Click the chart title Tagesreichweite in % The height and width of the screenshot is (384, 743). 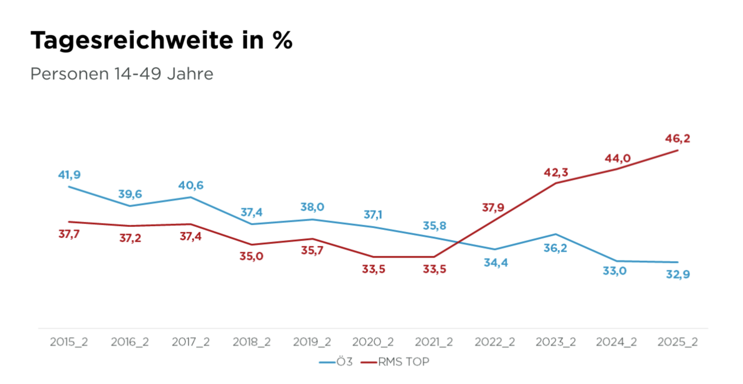tap(161, 40)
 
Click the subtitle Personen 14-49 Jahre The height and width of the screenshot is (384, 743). tap(122, 74)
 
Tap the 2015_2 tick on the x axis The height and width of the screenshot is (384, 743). tap(69, 342)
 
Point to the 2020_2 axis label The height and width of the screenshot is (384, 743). tap(373, 342)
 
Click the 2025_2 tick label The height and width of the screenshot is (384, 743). tap(678, 342)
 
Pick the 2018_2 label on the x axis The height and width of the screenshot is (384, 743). tap(251, 342)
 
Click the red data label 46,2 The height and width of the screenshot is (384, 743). tap(678, 139)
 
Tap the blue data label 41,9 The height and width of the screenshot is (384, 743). tap(69, 175)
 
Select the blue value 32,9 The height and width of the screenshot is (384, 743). tap(678, 274)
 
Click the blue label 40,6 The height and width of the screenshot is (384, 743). tap(191, 185)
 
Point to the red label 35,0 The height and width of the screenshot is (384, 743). tap(251, 256)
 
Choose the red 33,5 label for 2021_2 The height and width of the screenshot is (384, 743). tap(434, 269)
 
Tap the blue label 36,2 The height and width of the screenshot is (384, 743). tap(555, 248)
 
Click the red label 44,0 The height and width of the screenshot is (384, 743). tap(618, 158)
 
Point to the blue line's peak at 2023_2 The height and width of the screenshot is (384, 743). tap(555, 234)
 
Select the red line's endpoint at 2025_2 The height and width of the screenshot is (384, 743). tap(678, 151)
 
